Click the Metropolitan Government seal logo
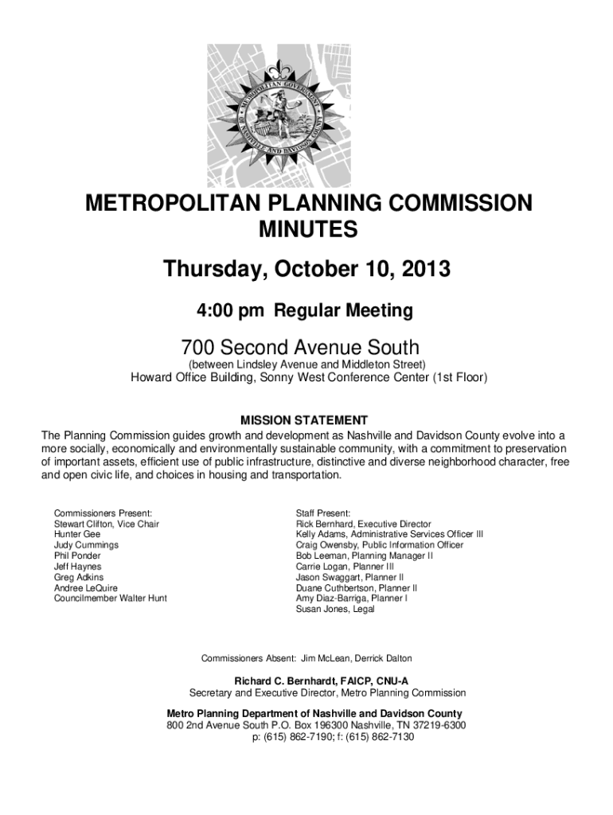307,116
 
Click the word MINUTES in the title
307,231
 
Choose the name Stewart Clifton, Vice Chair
106,524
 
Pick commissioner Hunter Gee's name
77,535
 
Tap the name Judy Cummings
86,545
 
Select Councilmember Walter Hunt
110,598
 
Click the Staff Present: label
323,513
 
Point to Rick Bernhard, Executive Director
363,524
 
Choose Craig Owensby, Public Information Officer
379,545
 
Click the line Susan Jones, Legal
334,609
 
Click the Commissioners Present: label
103,513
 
